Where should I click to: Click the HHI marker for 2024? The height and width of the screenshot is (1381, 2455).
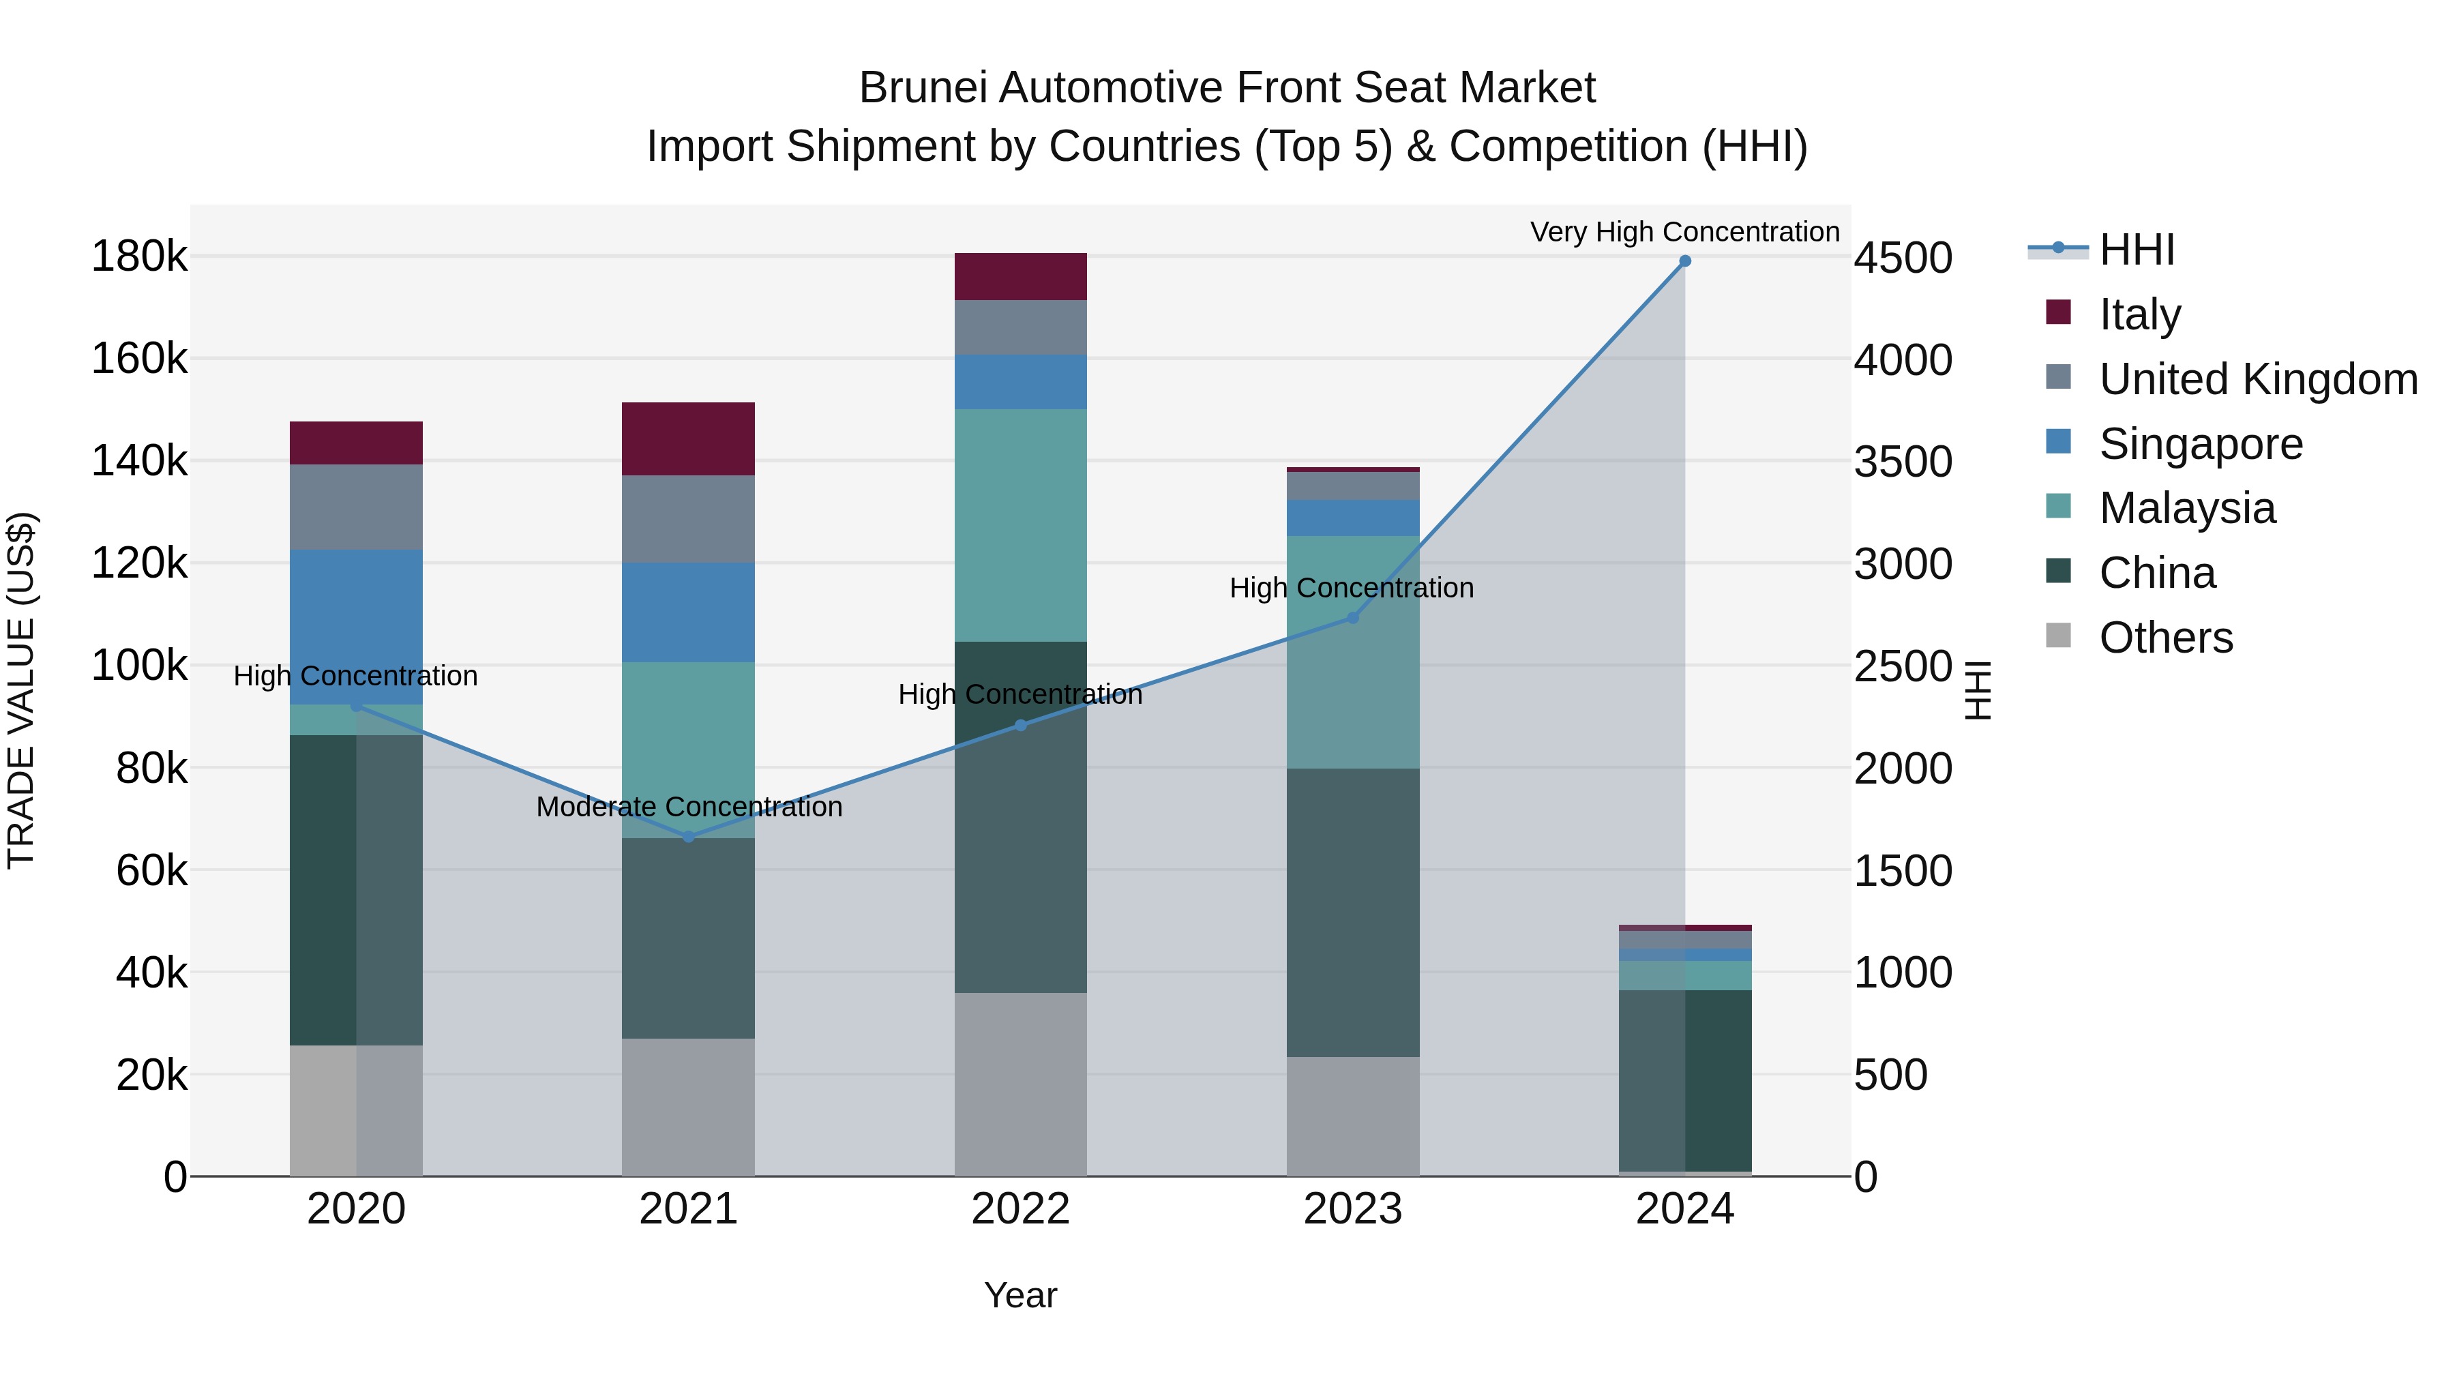tap(1685, 261)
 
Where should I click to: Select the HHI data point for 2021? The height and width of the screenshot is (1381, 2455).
tap(689, 837)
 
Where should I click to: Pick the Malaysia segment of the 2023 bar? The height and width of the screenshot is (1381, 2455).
tap(1352, 652)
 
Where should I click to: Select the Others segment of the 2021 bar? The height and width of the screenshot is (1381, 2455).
tap(688, 1107)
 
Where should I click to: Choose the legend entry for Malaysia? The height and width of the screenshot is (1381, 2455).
tap(2187, 508)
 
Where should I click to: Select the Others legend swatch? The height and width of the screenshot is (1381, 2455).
tap(2059, 636)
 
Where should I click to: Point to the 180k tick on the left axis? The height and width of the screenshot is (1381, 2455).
tap(139, 256)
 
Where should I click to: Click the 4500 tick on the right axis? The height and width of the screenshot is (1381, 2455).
tap(1902, 258)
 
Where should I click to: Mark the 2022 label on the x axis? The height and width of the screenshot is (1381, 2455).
tap(1021, 1209)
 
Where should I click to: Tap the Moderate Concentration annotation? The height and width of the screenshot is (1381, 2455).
tap(689, 807)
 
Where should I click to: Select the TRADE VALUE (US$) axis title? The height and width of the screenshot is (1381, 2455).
tap(22, 690)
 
